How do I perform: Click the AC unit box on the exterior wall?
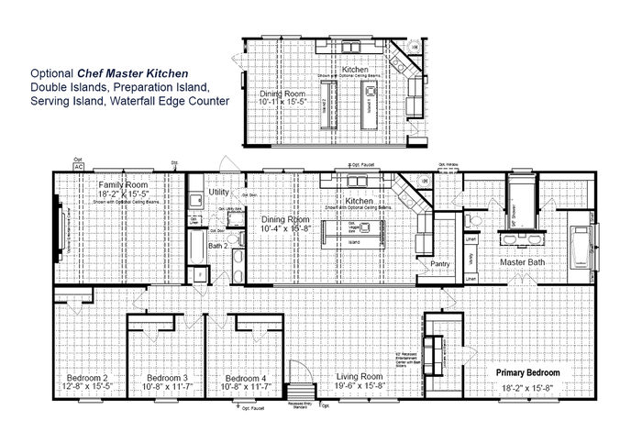(x=79, y=168)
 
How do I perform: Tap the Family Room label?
(x=117, y=185)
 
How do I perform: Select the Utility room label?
(x=218, y=192)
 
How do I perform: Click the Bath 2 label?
(x=217, y=246)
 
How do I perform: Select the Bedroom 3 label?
(x=168, y=378)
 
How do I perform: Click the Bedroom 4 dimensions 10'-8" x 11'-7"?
(x=246, y=388)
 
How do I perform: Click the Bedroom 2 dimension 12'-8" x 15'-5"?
(x=87, y=388)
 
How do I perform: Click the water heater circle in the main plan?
(x=426, y=182)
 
